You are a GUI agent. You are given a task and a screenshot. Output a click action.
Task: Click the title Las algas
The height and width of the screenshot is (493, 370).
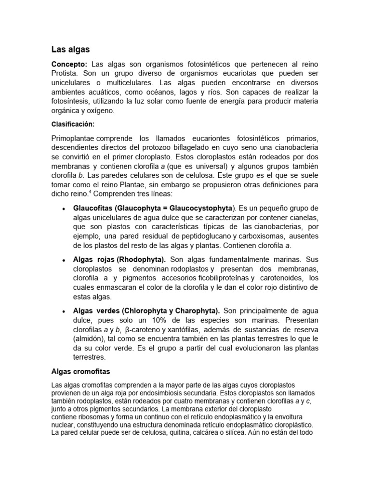(x=70, y=49)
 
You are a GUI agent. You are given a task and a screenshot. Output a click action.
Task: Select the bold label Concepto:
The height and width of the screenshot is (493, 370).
(x=69, y=65)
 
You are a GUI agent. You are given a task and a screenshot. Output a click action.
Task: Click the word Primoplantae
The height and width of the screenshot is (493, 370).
(x=73, y=139)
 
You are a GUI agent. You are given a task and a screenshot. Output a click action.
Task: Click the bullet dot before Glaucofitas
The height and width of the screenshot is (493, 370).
(x=64, y=208)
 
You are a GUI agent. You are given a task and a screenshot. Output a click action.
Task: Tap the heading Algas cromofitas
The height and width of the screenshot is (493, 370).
(x=81, y=371)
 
